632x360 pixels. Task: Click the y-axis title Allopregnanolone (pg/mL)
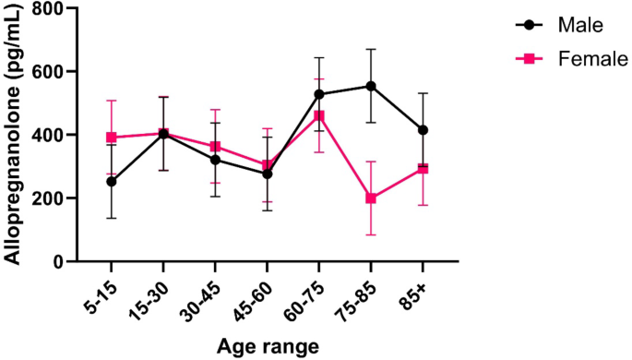[x=13, y=135]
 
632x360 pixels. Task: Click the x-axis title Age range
[x=268, y=347]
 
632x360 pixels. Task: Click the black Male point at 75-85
[x=371, y=86]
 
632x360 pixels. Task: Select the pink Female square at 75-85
[x=371, y=198]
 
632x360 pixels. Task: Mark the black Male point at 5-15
[x=112, y=182]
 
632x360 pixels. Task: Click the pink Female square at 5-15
[x=112, y=138]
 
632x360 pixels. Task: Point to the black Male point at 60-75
[x=319, y=94]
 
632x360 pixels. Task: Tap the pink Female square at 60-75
[x=319, y=116]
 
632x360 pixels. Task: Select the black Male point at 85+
[x=423, y=130]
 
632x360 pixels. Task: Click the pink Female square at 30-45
[x=215, y=147]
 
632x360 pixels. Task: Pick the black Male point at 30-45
[x=215, y=160]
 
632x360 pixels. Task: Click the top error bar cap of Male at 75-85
[x=371, y=49]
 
